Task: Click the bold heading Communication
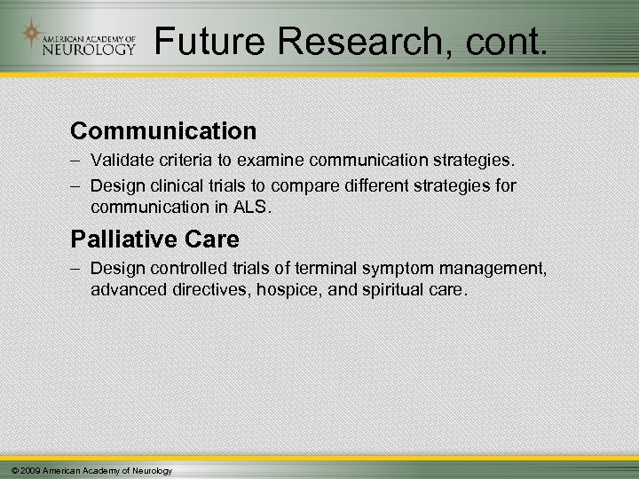(163, 131)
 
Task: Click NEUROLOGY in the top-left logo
(89, 50)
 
